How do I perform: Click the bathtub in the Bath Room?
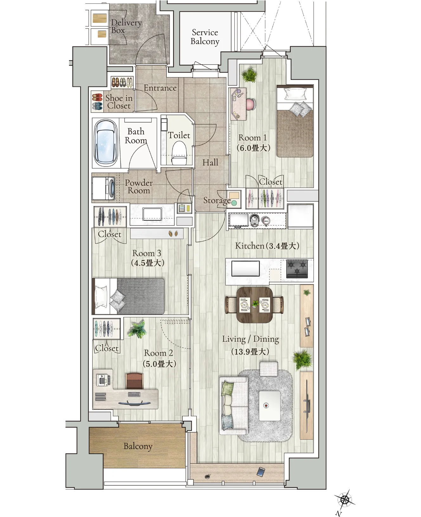click(106, 143)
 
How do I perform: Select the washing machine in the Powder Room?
click(104, 188)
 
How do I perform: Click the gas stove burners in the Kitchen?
click(297, 268)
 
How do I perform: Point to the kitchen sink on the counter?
click(245, 268)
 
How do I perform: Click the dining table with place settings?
click(254, 305)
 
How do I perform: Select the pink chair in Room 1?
click(250, 105)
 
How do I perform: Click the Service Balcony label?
click(205, 37)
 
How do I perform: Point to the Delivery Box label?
click(126, 26)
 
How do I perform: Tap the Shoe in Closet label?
click(119, 102)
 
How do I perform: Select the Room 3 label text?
click(147, 253)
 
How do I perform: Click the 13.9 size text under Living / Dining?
click(250, 352)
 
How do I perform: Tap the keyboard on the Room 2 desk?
click(134, 394)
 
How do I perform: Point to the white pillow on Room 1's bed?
click(295, 94)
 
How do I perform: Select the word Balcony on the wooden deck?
click(138, 446)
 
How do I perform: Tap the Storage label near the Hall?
click(217, 200)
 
